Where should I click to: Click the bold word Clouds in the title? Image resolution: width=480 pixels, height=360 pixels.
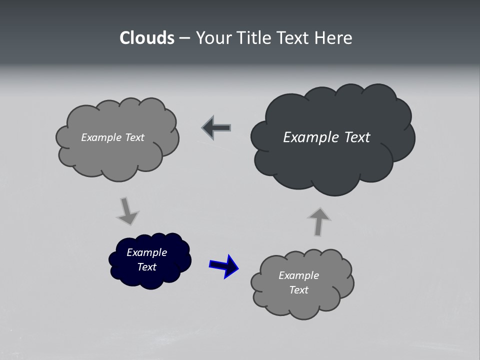(x=147, y=38)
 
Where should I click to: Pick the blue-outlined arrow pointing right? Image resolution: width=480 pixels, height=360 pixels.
(x=223, y=265)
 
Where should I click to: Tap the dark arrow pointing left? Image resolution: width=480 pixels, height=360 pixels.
(x=216, y=128)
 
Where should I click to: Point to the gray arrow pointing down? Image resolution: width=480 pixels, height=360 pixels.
(x=127, y=210)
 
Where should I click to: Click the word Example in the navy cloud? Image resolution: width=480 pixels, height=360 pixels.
(x=146, y=252)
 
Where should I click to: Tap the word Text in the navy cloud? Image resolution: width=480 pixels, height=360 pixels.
(x=146, y=267)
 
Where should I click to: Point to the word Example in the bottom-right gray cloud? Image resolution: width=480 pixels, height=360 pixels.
(x=298, y=275)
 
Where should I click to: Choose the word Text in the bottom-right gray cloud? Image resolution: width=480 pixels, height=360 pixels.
(x=298, y=290)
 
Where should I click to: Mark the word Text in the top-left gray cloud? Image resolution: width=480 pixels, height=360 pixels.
(x=134, y=137)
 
